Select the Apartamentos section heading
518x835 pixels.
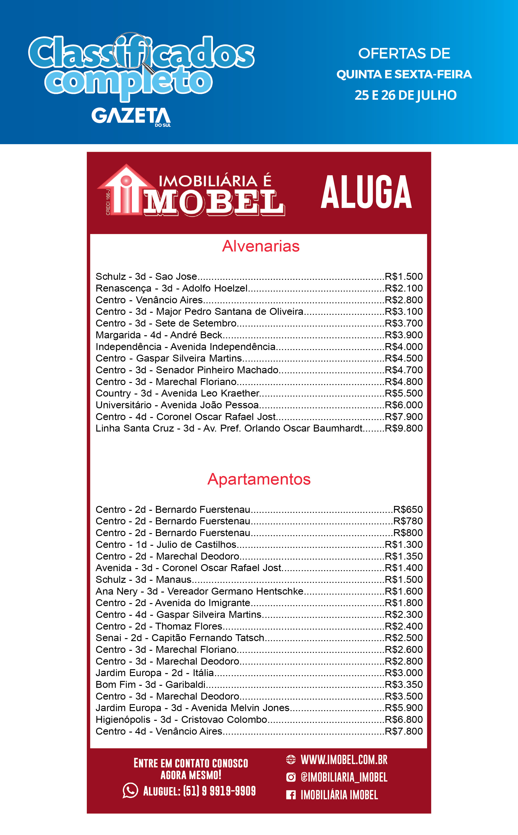[259, 479]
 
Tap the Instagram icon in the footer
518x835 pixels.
[291, 777]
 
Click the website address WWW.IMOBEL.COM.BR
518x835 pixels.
[344, 760]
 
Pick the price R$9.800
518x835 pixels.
[404, 428]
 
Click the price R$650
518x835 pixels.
[408, 509]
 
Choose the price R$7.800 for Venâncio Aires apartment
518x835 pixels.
[404, 731]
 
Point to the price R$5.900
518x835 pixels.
[404, 708]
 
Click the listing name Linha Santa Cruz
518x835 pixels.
[135, 428]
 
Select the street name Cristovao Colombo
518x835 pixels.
[224, 720]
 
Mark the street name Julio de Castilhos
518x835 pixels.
[196, 544]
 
